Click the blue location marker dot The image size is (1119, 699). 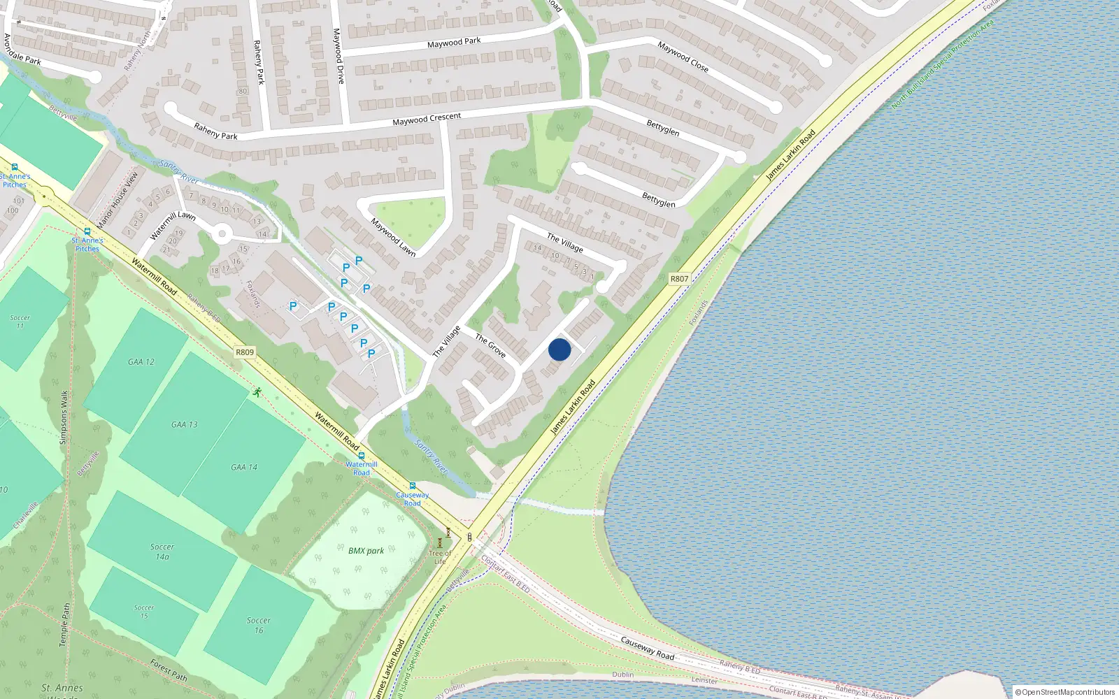559,349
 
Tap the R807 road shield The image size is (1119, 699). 679,278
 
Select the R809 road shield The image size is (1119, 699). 245,352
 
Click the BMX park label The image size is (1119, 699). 366,550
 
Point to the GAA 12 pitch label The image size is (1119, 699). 141,361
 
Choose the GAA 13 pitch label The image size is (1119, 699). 184,424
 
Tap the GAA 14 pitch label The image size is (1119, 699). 244,467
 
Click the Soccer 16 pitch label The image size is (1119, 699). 258,625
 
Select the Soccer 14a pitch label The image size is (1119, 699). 162,552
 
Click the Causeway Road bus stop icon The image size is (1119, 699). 413,486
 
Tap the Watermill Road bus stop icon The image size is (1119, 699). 361,455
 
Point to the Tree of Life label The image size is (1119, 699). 440,557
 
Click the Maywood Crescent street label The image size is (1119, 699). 427,120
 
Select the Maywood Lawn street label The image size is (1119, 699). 392,238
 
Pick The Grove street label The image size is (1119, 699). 490,345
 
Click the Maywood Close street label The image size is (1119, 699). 683,57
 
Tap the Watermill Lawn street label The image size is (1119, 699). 172,225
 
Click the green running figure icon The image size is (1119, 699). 257,392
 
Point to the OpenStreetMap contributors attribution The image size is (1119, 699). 1064,692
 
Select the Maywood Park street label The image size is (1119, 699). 454,43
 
